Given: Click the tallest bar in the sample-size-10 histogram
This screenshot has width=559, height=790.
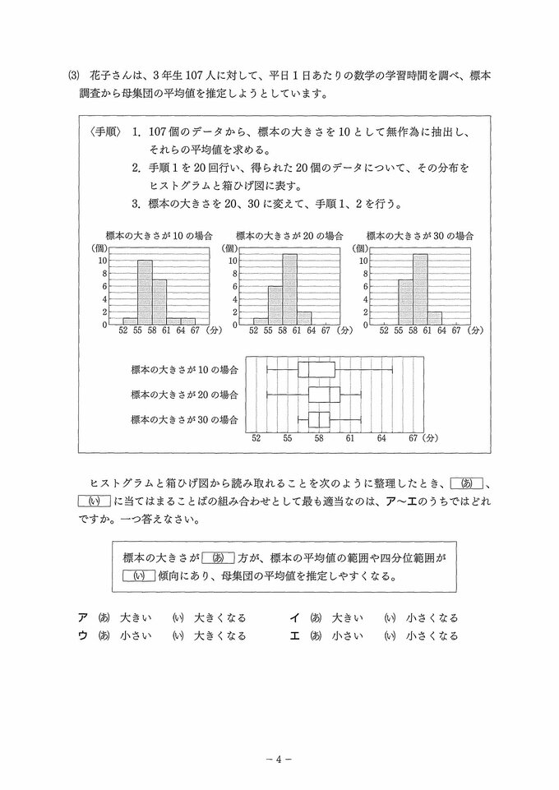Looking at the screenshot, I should pyautogui.click(x=145, y=292).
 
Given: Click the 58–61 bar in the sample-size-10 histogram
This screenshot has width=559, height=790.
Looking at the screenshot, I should pyautogui.click(x=159, y=302).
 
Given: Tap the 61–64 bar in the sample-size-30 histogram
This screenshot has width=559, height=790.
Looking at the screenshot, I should pyautogui.click(x=435, y=318).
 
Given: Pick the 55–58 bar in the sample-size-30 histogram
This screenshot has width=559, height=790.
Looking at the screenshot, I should pyautogui.click(x=405, y=302).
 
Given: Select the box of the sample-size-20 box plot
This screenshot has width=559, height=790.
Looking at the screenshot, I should pyautogui.click(x=324, y=395).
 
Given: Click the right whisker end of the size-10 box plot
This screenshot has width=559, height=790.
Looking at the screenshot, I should pyautogui.click(x=392, y=369).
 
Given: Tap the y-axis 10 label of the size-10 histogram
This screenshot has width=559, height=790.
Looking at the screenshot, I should pyautogui.click(x=102, y=260).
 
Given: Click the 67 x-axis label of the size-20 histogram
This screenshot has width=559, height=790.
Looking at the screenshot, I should pyautogui.click(x=326, y=330).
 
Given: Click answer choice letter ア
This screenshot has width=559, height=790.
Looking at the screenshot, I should pyautogui.click(x=82, y=617).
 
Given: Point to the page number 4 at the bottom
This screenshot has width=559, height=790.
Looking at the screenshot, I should pyautogui.click(x=279, y=760).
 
